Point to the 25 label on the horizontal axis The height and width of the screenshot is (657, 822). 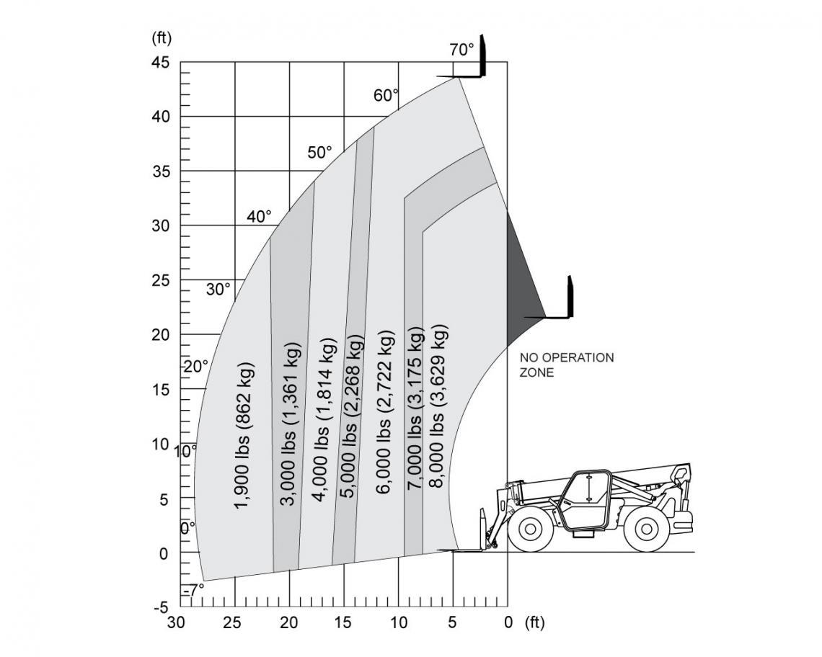(232, 623)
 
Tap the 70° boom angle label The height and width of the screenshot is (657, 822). (461, 50)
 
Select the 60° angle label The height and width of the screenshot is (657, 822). (386, 95)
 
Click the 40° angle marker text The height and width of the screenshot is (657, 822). (260, 216)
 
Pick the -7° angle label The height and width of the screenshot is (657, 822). (193, 590)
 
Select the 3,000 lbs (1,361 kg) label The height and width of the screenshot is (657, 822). (291, 424)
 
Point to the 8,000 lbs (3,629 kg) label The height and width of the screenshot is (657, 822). (439, 406)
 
